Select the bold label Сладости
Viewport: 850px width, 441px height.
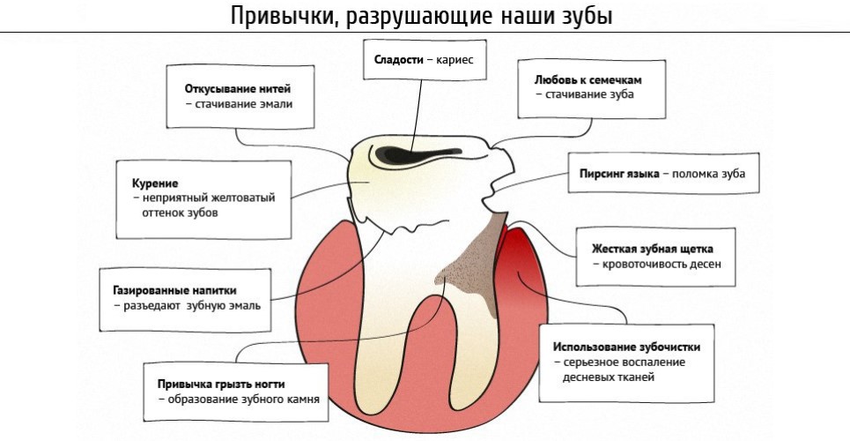pos(398,60)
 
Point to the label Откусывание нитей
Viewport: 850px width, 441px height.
pos(238,88)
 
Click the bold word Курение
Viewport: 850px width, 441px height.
pos(155,183)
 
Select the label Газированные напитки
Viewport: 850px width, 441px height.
pos(174,290)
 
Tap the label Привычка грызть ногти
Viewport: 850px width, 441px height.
pos(221,384)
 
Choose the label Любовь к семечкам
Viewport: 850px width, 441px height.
pos(588,80)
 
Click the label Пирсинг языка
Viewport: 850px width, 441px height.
pos(619,174)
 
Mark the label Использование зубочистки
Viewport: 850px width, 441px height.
pos(626,347)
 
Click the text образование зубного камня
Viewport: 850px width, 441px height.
pos(243,400)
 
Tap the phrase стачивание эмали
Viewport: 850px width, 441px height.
pos(244,104)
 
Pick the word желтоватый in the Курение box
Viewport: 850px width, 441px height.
pos(247,198)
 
